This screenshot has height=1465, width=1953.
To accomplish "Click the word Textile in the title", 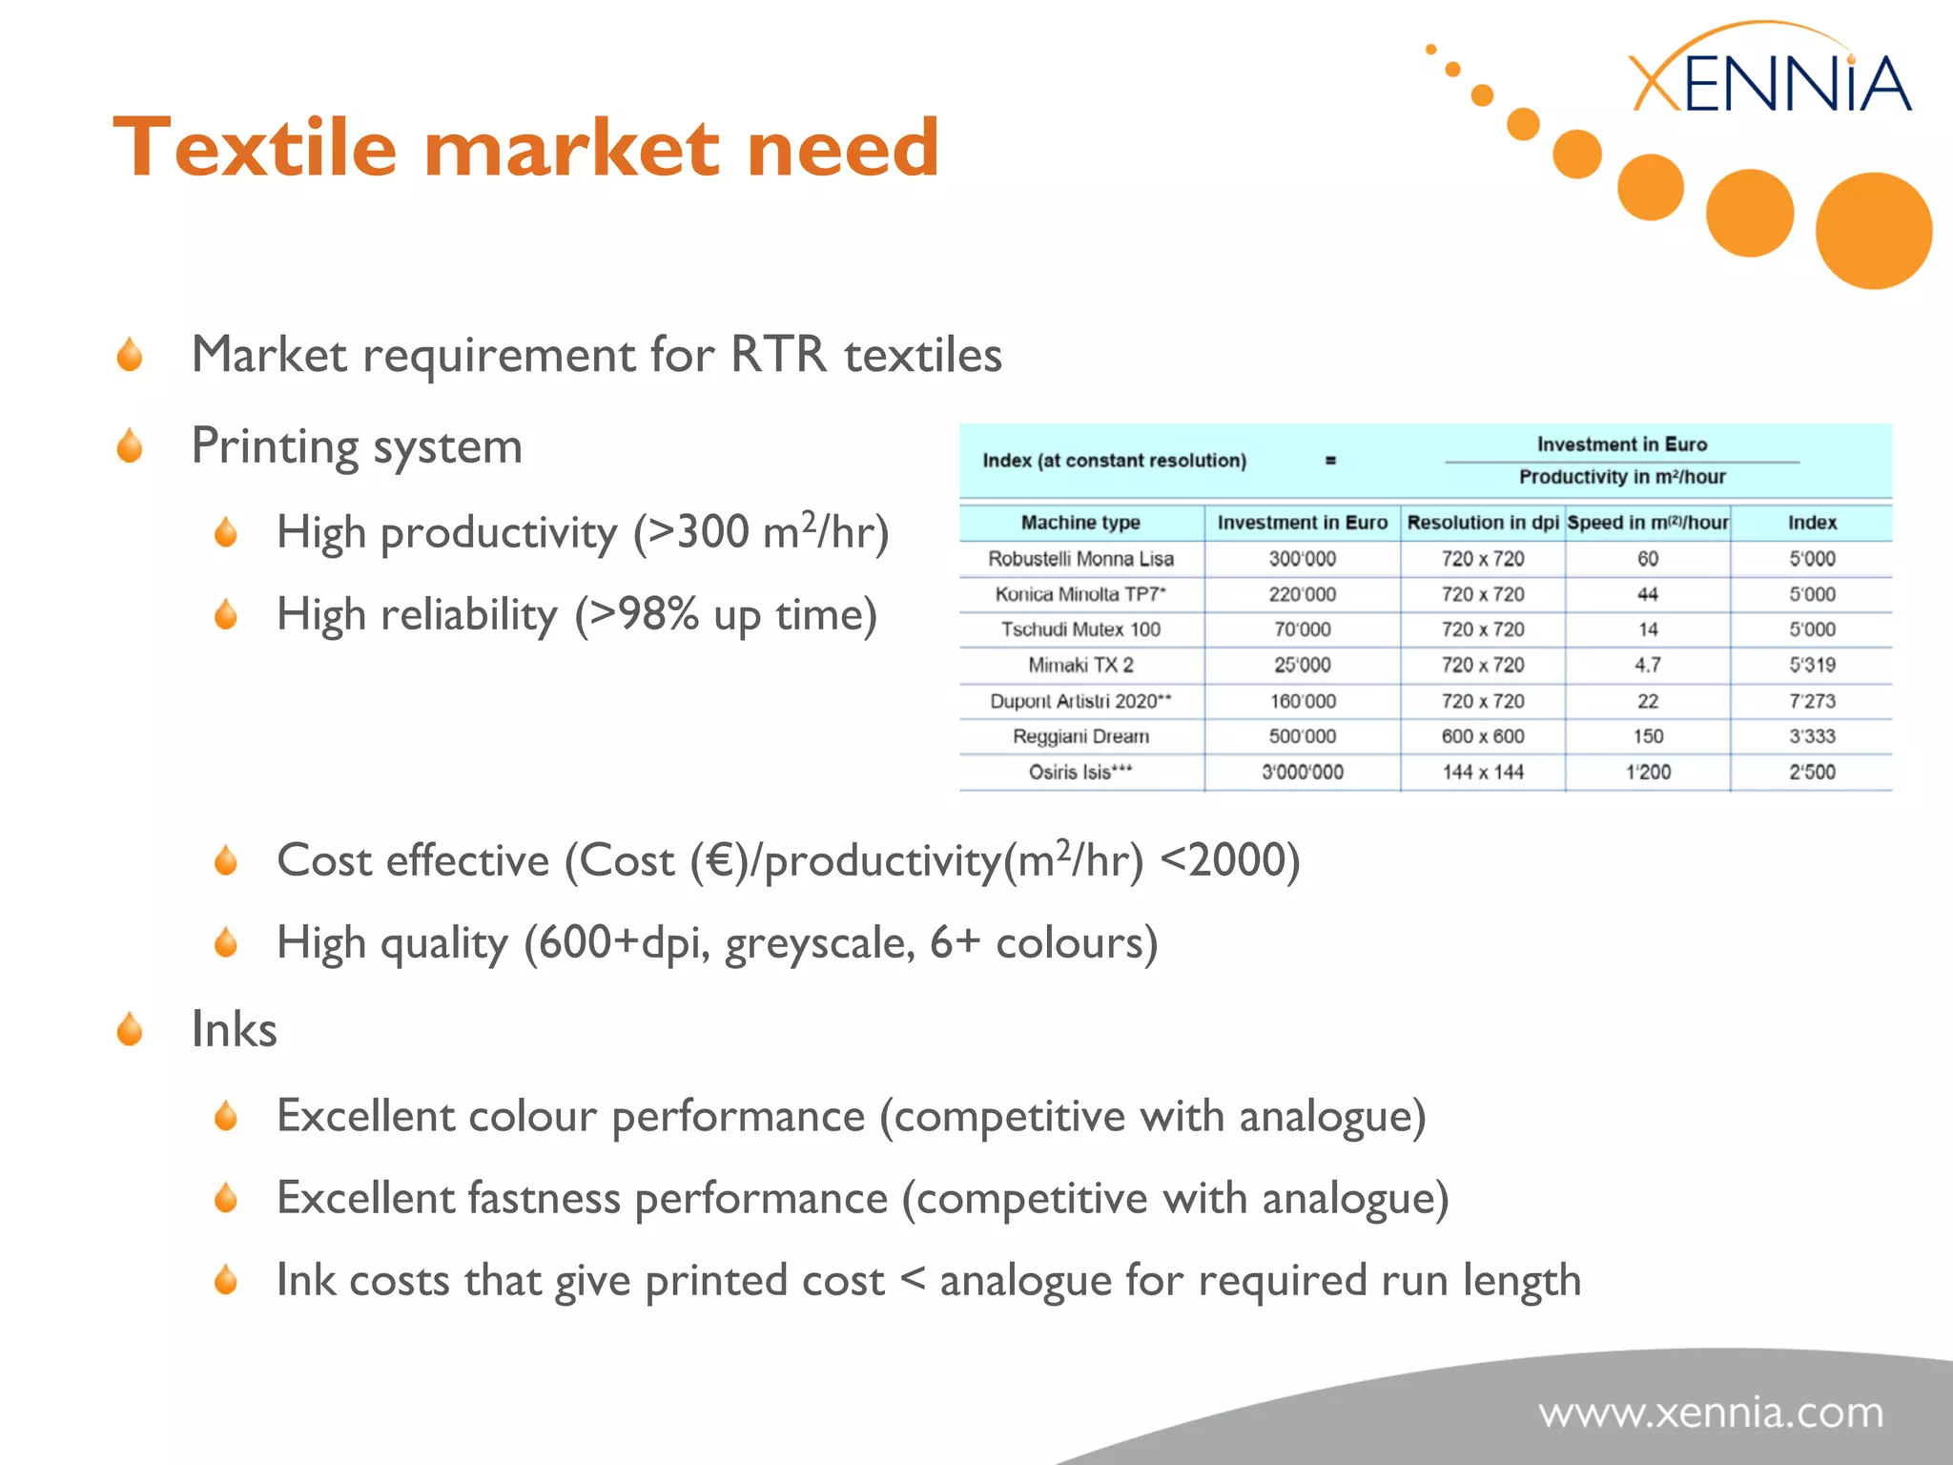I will [255, 148].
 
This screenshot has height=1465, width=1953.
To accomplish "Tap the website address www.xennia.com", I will [1711, 1413].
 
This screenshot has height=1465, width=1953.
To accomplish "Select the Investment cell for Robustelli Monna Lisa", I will [1302, 559].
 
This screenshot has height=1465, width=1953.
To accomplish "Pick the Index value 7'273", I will [1812, 701].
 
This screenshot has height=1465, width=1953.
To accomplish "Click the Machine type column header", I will [1080, 523].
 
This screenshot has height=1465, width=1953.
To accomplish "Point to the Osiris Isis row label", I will [1080, 773].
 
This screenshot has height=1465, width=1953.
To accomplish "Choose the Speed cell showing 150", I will [1648, 736].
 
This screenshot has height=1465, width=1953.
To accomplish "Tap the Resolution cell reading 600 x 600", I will [1483, 736].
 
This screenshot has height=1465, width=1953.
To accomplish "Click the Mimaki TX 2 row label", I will [1080, 665].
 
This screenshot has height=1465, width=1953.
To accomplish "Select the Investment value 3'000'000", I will [1302, 773].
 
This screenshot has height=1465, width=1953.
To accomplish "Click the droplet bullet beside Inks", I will [130, 1030].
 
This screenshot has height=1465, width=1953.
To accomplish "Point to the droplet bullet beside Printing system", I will [130, 446].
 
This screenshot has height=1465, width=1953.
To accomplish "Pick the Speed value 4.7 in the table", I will [1648, 665].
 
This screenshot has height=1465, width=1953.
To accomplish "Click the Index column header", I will [1812, 523].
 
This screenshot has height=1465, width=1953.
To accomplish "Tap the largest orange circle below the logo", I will [1874, 231].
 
